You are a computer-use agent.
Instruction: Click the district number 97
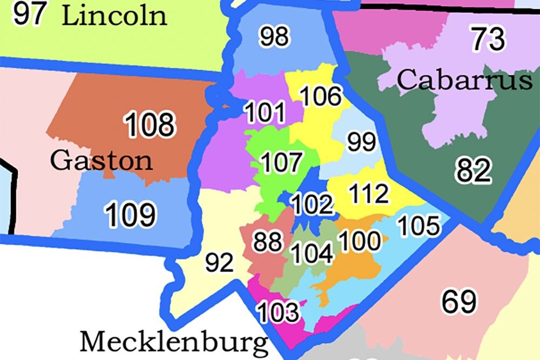coord(29,15)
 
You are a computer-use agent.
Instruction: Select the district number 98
coord(274,37)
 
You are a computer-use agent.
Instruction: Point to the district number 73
coord(488,39)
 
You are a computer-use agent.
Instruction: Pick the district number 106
coord(320,97)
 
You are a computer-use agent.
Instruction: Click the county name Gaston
coord(102,160)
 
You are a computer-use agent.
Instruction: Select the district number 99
coord(361,142)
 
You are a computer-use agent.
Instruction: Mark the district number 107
coord(281,162)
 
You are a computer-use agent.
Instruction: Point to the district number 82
coord(473,172)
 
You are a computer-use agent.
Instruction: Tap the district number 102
coord(312,205)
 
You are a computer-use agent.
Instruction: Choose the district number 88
coord(268,242)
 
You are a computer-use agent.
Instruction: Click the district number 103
coord(278,312)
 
